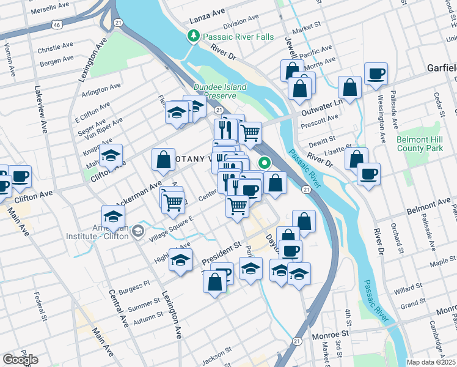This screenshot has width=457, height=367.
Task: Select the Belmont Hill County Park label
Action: tap(420, 144)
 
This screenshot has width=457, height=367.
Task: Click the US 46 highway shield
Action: tap(56, 25)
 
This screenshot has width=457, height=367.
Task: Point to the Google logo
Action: tap(20, 359)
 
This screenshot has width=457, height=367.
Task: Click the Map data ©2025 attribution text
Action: tap(430, 362)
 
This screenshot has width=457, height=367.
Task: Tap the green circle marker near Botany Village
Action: tap(265, 163)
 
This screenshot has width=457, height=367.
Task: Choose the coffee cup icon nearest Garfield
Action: tap(376, 74)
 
